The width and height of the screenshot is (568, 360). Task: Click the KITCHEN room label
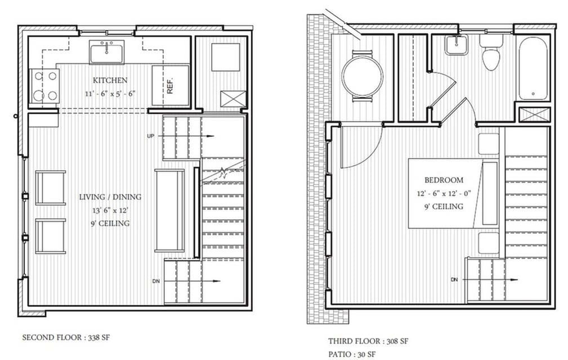[x=110, y=81]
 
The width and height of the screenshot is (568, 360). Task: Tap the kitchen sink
[x=107, y=52]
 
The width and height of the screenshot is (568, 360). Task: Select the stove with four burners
[x=45, y=86]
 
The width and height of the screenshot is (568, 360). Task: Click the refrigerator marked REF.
[x=169, y=86]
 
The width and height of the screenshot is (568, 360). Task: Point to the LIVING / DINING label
[x=110, y=197]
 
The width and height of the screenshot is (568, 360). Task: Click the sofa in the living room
[x=169, y=210]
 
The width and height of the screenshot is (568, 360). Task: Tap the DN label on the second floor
[x=156, y=280]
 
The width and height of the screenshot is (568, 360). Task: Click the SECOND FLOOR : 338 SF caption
[x=62, y=338]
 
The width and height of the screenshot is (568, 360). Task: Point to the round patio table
[x=362, y=76]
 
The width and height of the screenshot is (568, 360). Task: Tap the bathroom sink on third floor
[x=456, y=45]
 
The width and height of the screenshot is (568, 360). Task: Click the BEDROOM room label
[x=444, y=180]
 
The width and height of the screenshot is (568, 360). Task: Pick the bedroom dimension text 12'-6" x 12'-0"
[x=444, y=193]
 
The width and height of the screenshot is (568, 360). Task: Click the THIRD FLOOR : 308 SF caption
[x=368, y=341]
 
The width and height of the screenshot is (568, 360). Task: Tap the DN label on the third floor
[x=454, y=279]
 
